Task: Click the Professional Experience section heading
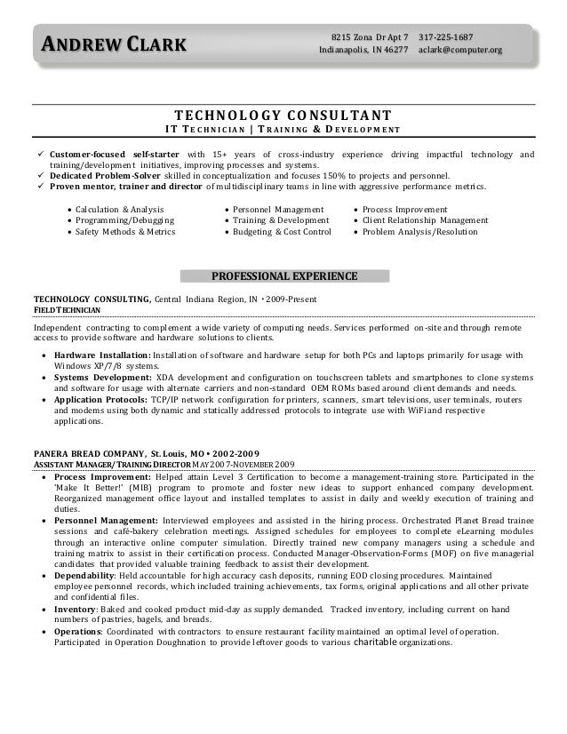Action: [x=283, y=275]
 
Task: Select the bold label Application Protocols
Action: [x=100, y=400]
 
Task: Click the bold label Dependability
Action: [x=87, y=575]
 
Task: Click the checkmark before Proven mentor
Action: [x=39, y=187]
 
